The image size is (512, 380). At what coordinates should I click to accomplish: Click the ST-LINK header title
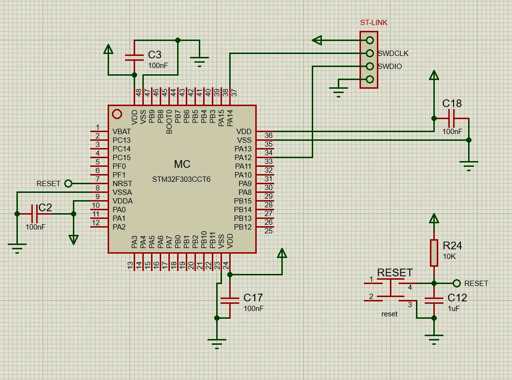[374, 23]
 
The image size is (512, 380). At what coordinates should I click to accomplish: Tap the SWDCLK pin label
[393, 53]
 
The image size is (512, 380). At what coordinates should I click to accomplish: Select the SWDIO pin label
[389, 66]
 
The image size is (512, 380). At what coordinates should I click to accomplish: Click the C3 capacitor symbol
[134, 57]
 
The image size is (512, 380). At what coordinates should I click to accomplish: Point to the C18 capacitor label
[452, 103]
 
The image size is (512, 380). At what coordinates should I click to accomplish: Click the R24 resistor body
[434, 253]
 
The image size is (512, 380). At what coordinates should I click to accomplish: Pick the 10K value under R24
[449, 257]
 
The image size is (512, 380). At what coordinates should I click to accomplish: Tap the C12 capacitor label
[457, 298]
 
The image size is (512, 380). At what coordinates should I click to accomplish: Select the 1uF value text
[454, 308]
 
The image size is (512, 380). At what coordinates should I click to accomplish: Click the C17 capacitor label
[253, 298]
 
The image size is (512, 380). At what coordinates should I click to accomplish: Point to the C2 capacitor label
[45, 207]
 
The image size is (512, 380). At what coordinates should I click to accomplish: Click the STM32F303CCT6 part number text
[181, 179]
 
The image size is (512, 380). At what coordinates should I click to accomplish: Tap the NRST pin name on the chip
[122, 184]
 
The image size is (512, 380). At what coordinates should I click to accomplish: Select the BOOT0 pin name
[169, 122]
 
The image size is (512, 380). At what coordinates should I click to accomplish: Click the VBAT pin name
[122, 132]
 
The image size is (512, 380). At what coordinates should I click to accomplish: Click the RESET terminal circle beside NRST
[68, 184]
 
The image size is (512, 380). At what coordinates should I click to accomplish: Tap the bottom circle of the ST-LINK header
[370, 79]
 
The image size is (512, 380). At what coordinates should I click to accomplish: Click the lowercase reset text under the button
[389, 314]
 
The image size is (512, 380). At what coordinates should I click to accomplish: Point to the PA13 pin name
[243, 149]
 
